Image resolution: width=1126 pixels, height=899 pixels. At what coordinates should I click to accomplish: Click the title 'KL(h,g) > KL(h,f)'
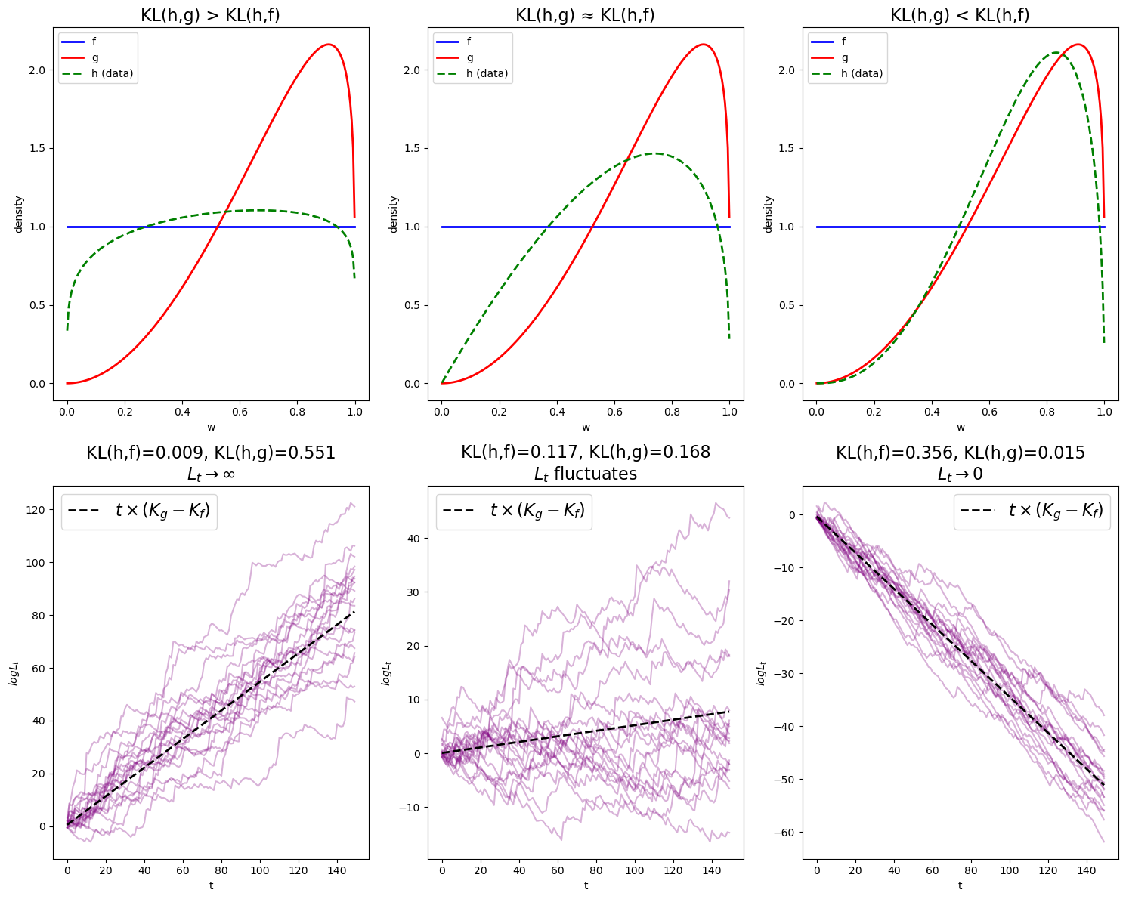pos(210,15)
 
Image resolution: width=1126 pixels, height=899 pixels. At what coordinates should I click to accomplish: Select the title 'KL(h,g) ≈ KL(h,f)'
pos(585,15)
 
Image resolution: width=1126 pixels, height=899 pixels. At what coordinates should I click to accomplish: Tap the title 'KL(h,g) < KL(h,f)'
pos(960,15)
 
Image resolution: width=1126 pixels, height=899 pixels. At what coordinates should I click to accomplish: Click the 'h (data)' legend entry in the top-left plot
pos(113,73)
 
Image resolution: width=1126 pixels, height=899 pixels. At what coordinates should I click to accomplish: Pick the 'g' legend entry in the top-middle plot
pos(470,57)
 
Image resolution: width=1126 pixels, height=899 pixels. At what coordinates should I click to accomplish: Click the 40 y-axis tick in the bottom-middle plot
pos(414,539)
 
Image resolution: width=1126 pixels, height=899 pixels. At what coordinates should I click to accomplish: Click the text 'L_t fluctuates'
pos(585,474)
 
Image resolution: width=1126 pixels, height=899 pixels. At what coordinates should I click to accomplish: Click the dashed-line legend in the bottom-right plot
pos(1032,511)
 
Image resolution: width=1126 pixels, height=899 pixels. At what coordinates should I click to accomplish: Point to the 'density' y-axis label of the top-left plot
pos(18,215)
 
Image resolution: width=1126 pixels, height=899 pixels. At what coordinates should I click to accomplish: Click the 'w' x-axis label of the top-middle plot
pos(586,427)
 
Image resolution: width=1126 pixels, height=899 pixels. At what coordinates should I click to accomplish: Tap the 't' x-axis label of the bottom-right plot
pos(961,885)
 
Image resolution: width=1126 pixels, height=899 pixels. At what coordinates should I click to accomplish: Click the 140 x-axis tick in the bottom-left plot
pos(337,870)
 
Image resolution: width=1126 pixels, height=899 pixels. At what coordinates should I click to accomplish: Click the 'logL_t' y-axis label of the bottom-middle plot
pos(386,672)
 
